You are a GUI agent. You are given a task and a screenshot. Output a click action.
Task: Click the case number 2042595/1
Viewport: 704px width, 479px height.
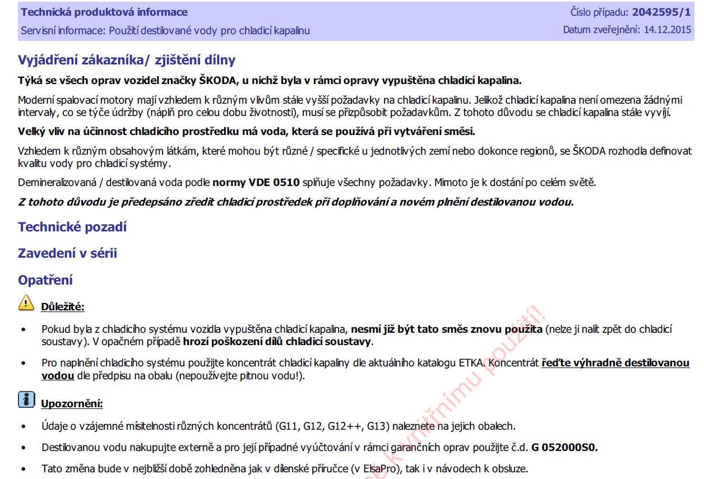661,12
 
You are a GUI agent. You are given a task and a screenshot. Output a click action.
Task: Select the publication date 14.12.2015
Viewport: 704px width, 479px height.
668,30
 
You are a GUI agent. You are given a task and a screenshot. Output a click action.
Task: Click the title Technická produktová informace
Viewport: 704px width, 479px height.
104,12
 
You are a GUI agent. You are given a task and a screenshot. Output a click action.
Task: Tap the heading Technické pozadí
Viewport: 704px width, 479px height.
72,227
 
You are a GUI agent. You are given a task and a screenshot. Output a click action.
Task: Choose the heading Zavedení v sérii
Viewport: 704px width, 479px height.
67,253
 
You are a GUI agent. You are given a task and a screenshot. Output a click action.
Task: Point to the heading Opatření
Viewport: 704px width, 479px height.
45,280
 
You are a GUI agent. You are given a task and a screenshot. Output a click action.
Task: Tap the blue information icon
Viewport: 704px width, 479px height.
26,399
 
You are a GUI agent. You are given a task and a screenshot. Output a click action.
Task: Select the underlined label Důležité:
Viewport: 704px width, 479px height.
63,306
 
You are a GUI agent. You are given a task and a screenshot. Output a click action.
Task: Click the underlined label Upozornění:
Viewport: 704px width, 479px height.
72,404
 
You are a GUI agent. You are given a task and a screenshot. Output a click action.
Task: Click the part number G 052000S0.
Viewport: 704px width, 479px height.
564,448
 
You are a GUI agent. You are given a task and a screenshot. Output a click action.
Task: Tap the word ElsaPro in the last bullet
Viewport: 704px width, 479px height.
381,469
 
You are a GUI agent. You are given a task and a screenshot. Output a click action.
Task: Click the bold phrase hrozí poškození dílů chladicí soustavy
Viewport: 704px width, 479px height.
278,341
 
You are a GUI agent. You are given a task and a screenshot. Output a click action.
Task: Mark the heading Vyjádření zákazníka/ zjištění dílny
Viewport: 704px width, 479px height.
127,61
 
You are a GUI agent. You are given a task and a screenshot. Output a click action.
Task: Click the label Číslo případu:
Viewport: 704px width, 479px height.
599,12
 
